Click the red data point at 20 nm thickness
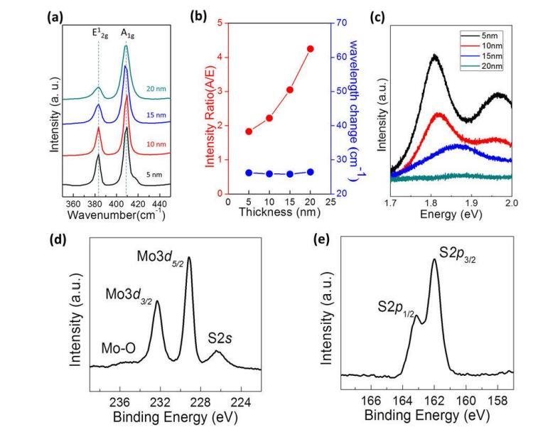point(310,48)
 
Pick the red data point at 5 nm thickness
point(249,131)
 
